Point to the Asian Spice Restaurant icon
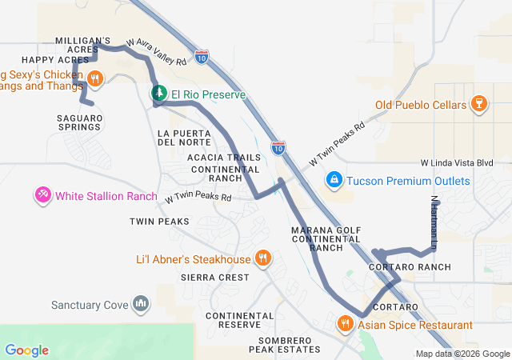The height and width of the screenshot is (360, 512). (x=345, y=324)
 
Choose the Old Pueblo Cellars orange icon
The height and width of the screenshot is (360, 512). (x=478, y=104)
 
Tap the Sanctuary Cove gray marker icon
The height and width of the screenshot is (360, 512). (x=141, y=304)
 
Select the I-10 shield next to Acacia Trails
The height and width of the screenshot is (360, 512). (x=278, y=146)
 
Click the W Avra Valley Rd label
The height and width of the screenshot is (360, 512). (x=157, y=51)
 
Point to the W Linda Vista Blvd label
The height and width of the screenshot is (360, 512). (x=457, y=162)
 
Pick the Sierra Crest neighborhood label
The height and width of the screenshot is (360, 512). (x=214, y=278)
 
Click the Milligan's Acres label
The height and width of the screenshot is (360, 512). (x=82, y=45)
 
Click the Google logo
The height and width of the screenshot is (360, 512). (x=26, y=350)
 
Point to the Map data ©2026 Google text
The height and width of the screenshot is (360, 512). (x=462, y=354)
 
